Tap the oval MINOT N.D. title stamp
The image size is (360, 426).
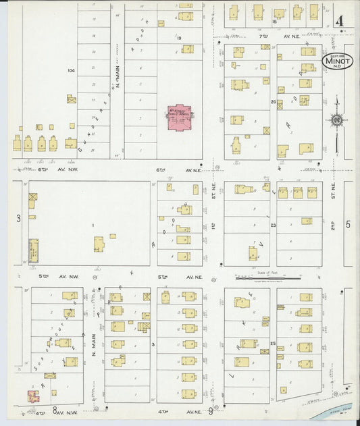(337, 61)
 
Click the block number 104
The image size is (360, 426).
(70, 70)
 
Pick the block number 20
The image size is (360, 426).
(274, 103)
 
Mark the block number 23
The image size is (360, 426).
(274, 225)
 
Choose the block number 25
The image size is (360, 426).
(273, 344)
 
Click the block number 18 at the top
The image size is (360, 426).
(274, 22)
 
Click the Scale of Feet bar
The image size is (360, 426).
(260, 277)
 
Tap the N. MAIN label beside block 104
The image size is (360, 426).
(117, 79)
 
